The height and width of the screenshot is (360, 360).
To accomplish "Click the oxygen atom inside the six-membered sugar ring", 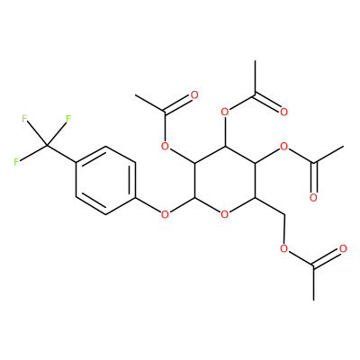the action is coord(225,214).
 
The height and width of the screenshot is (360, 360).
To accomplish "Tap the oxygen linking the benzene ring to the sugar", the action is coord(165,214).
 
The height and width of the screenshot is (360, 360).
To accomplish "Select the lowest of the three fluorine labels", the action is coord(16,161).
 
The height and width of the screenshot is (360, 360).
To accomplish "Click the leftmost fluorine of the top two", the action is coord(24,119).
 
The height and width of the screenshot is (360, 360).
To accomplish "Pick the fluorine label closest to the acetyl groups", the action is coord(68,119).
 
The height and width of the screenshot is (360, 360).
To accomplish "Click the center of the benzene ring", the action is coord(105,180).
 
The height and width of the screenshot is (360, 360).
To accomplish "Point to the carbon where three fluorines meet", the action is coord(47,146).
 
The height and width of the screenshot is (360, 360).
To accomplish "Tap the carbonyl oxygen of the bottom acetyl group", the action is coord(343,248).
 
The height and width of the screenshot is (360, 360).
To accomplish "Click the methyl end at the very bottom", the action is coord(313,300).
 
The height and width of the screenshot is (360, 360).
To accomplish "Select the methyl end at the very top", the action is coord(255,61).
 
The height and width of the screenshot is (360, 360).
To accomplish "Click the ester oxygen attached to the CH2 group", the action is coord(283,248).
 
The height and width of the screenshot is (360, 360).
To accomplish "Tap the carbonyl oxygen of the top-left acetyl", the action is coord(194,95).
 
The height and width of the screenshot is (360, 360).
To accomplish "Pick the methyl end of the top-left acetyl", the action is coord(136,95).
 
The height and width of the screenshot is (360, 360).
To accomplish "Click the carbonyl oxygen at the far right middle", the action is coord(313,197).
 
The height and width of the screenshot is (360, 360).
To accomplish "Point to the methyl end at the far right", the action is coord(343,147).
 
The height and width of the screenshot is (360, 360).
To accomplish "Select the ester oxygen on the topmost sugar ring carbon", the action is coord(225,112).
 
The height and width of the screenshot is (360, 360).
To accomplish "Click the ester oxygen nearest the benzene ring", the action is coord(165,147).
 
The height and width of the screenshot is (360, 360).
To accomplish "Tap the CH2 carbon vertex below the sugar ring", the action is coord(284,215).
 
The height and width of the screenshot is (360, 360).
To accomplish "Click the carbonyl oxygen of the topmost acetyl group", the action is coord(283,112).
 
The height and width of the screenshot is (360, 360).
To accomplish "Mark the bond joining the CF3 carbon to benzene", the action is coord(61,155).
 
